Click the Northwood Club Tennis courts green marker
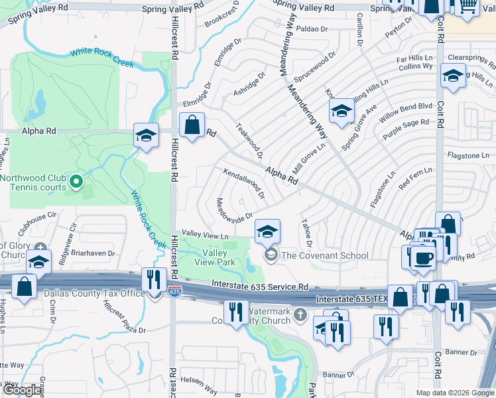pyautogui.click(x=76, y=180)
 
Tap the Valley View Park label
pyautogui.click(x=214, y=257)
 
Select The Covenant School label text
pyautogui.click(x=325, y=255)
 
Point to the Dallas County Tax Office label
pyautogui.click(x=94, y=293)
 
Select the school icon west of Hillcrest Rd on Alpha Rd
pyautogui.click(x=146, y=135)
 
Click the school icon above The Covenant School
pyautogui.click(x=267, y=231)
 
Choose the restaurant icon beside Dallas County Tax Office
pyautogui.click(x=154, y=279)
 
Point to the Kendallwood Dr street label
pyautogui.click(x=244, y=184)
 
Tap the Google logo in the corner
pyautogui.click(x=22, y=390)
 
